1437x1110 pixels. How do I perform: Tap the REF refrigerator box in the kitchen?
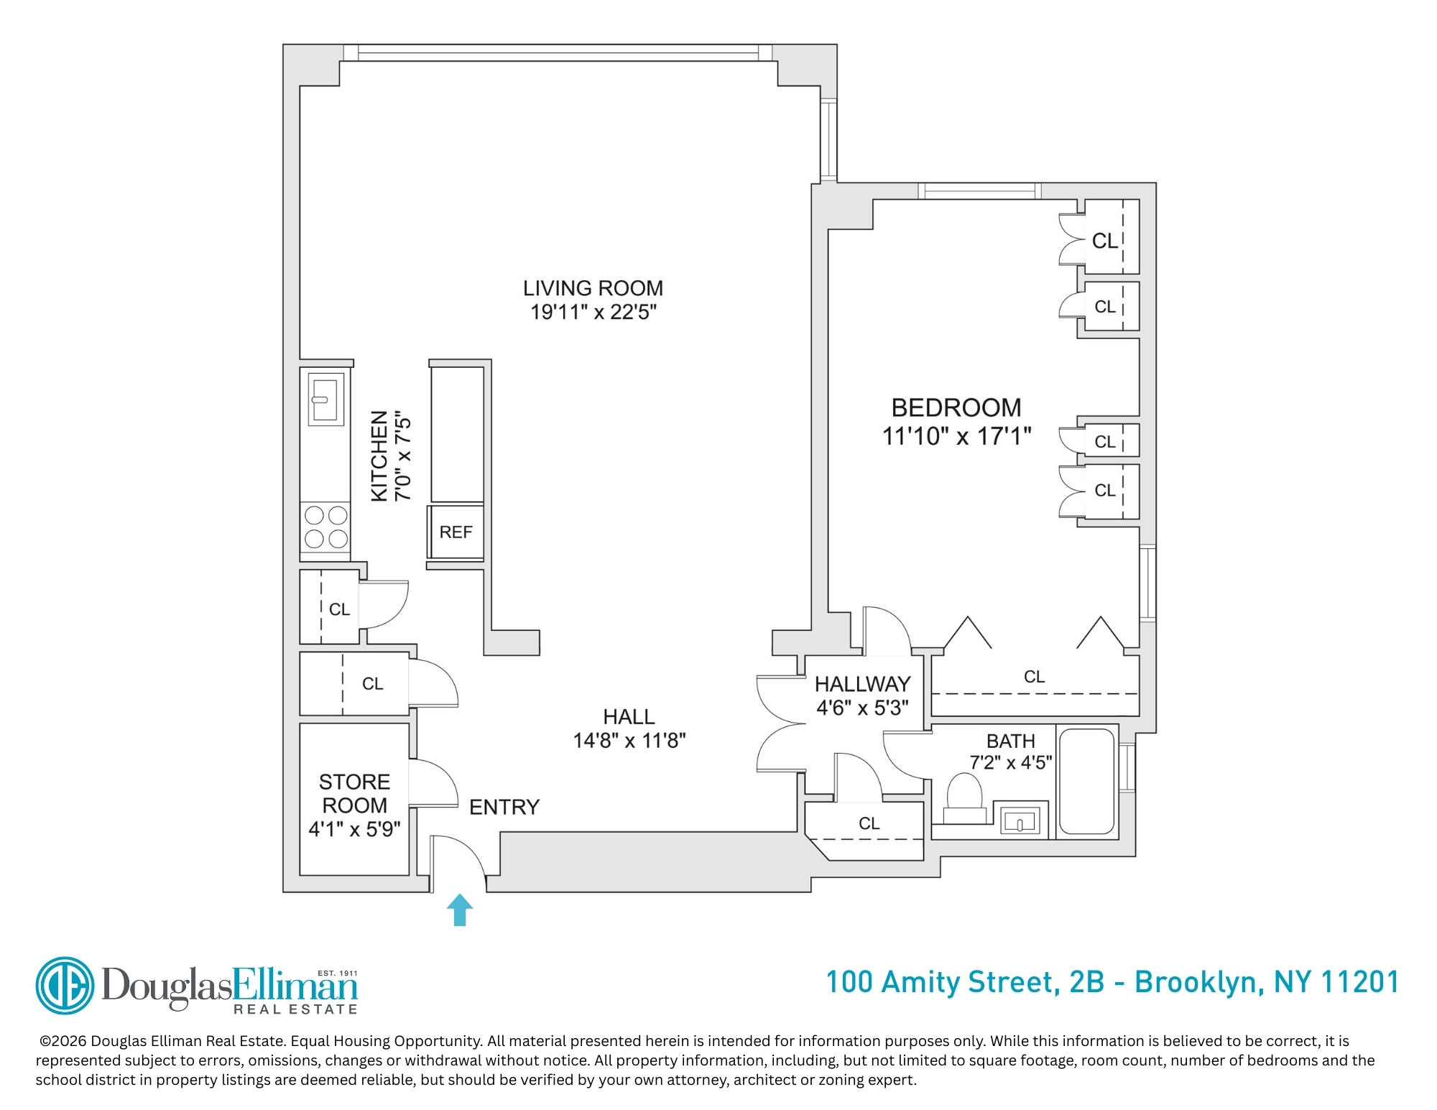click(x=456, y=532)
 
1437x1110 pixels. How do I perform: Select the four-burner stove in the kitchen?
click(x=325, y=528)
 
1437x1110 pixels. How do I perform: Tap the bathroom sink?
click(x=1020, y=820)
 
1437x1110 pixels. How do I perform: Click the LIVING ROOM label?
click(x=593, y=288)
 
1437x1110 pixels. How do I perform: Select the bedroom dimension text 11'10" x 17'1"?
click(x=957, y=436)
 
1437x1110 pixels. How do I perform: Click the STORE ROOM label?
click(x=354, y=793)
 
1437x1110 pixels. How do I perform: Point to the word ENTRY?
click(x=504, y=808)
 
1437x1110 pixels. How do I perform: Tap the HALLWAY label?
click(x=863, y=683)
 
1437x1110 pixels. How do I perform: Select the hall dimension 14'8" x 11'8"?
click(x=629, y=741)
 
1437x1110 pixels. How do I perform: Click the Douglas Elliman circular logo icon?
click(x=65, y=986)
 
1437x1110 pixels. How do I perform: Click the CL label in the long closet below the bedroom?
click(x=1034, y=676)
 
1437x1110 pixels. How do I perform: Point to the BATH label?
click(x=1010, y=741)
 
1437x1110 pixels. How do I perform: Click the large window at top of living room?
click(x=558, y=53)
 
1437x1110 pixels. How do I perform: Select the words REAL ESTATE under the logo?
click(x=295, y=1009)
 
